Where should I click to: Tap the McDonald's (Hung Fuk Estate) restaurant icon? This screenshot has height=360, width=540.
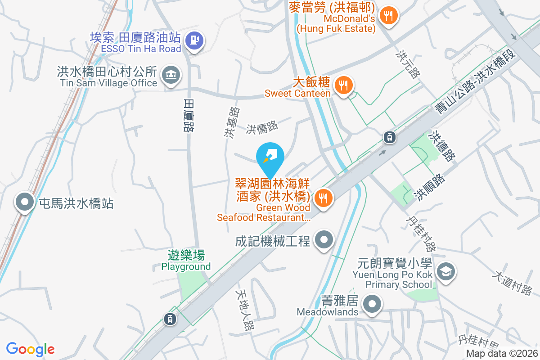click(x=387, y=16)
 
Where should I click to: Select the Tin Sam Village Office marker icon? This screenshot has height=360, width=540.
click(x=170, y=75)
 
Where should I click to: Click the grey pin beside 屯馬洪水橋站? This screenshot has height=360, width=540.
click(x=24, y=203)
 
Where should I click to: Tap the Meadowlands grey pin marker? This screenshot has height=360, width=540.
click(x=372, y=305)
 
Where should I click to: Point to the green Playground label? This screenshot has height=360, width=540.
click(x=186, y=261)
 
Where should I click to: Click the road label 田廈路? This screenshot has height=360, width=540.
click(x=189, y=116)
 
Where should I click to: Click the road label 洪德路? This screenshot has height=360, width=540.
click(x=443, y=146)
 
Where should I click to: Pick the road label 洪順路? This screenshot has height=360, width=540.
click(x=430, y=187)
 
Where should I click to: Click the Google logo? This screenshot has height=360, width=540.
click(x=30, y=349)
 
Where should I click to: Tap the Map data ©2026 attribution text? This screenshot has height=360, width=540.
click(x=502, y=354)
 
